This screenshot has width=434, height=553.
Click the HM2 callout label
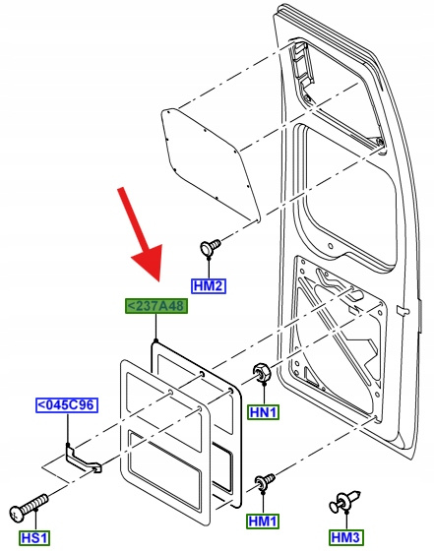click(x=209, y=285)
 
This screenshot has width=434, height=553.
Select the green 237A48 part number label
click(x=156, y=306)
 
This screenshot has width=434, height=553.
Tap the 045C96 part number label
click(x=67, y=404)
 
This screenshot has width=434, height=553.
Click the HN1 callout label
click(x=263, y=412)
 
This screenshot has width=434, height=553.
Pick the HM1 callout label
click(x=263, y=522)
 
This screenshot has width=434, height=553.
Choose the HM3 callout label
click(x=346, y=537)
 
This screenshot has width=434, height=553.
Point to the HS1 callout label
click(x=34, y=538)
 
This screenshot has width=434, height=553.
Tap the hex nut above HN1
click(x=262, y=372)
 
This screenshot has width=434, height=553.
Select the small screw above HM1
click(x=265, y=480)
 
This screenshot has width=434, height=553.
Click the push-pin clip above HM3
click(x=344, y=501)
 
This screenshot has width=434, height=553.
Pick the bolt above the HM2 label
click(x=210, y=246)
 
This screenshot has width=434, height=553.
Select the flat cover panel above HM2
click(x=211, y=163)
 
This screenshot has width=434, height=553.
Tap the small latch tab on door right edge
click(x=403, y=311)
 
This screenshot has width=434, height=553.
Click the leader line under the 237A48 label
click(x=155, y=328)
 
